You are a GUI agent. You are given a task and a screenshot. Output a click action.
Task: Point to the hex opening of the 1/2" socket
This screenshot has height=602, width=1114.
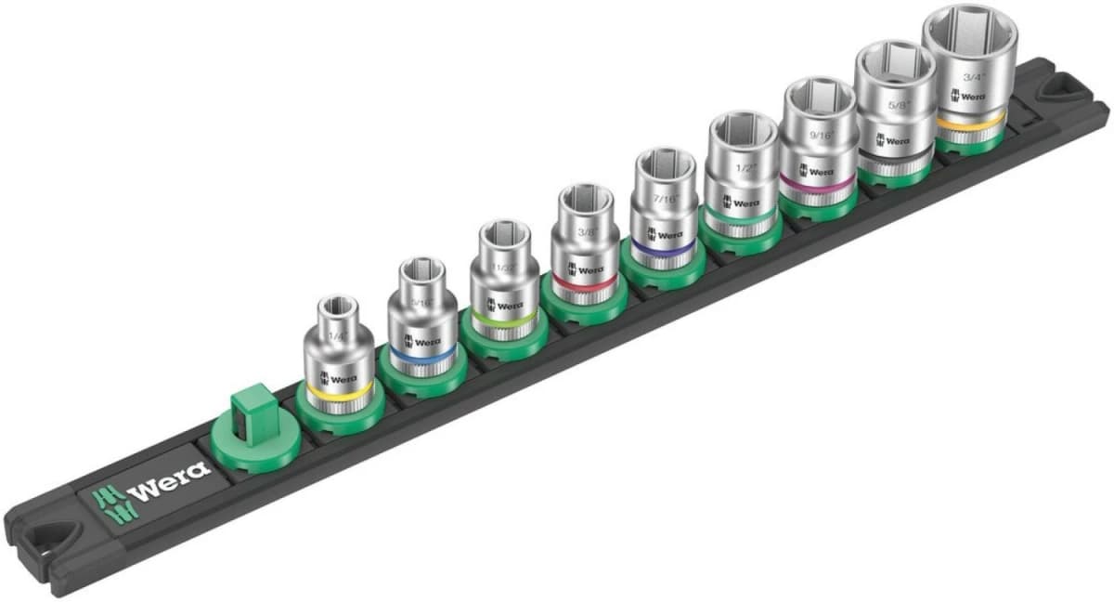tap(740, 129)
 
